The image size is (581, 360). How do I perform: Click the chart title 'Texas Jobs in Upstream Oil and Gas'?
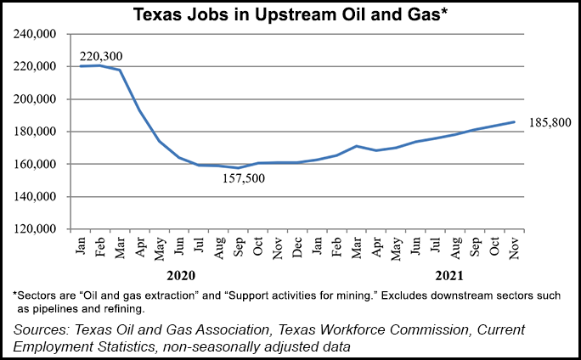pyautogui.click(x=290, y=15)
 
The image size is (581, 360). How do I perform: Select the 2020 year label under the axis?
pyautogui.click(x=182, y=275)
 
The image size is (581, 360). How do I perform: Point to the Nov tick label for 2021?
pyautogui.click(x=514, y=246)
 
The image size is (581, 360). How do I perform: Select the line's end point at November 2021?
pyautogui.click(x=514, y=121)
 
